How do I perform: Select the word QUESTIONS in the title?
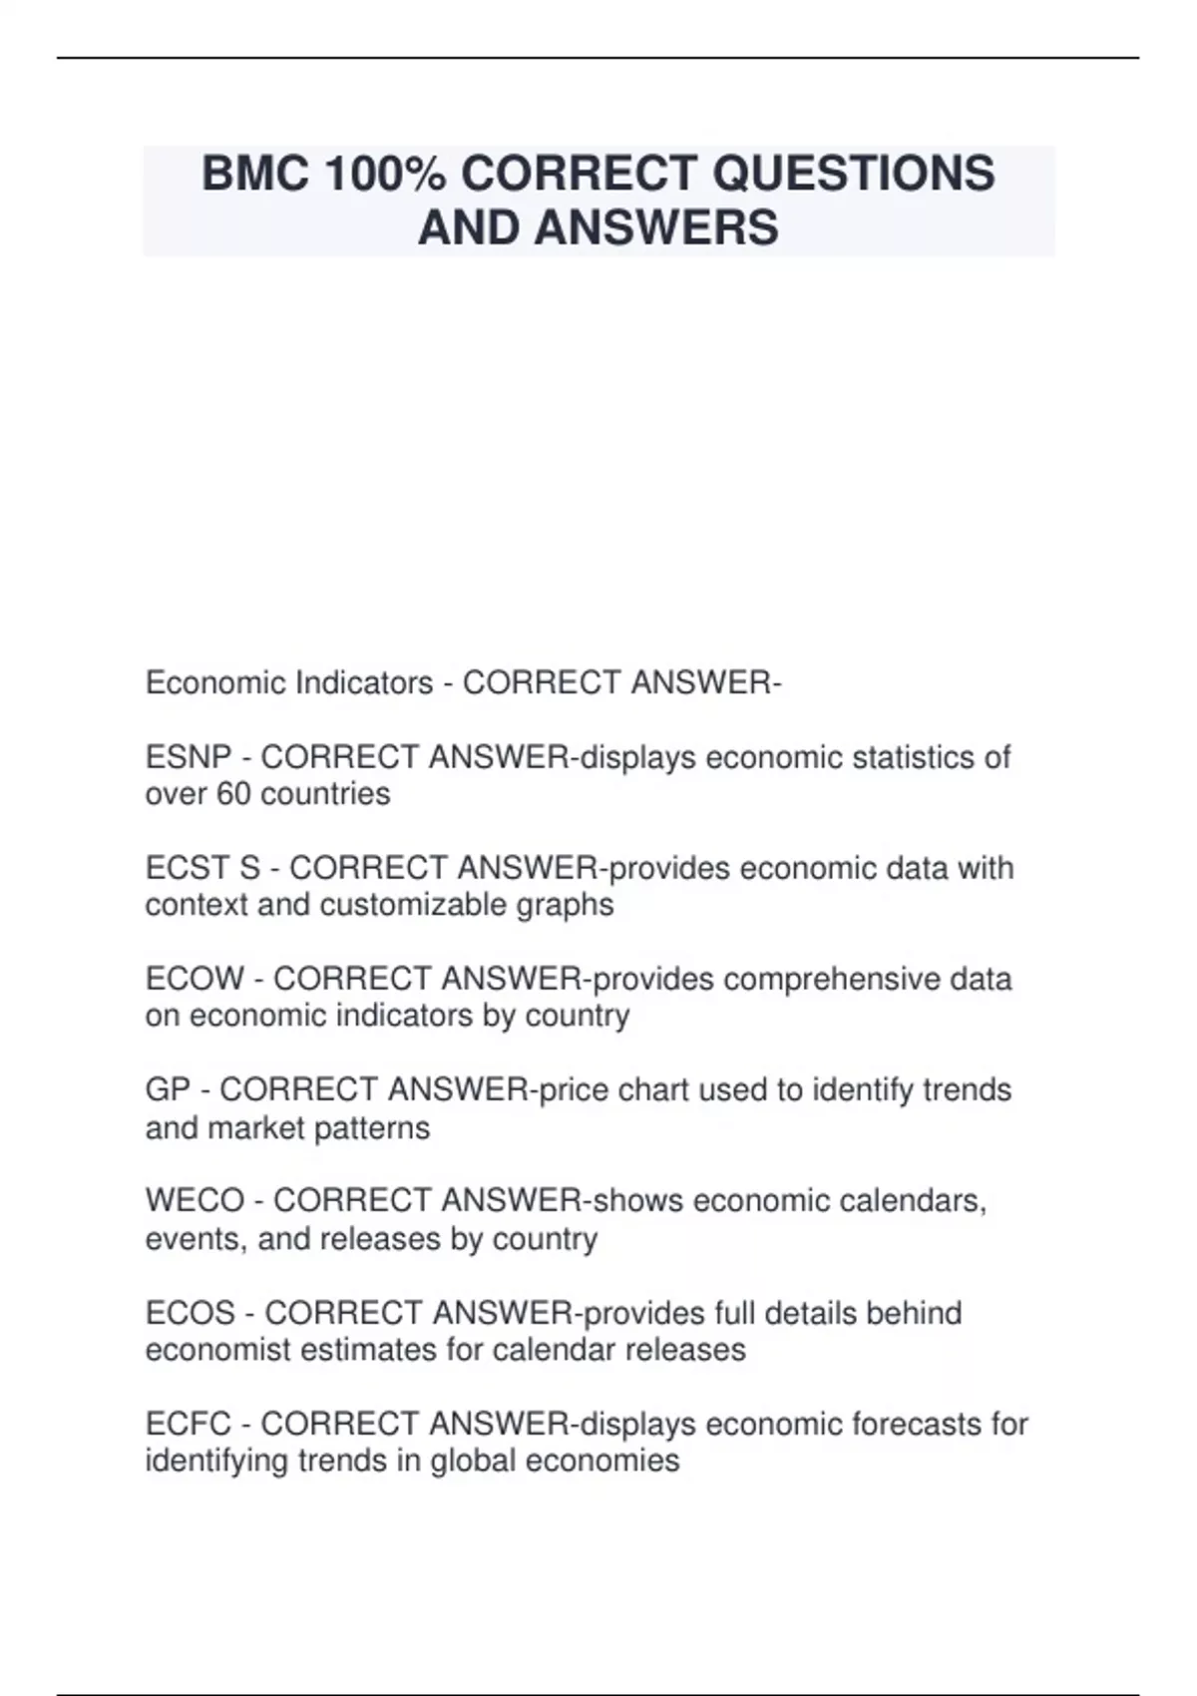[x=853, y=174]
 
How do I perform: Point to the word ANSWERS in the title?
[x=656, y=227]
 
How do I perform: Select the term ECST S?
[x=202, y=869]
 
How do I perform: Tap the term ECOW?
[x=195, y=980]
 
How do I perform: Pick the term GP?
[x=168, y=1089]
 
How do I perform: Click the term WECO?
[x=195, y=1200]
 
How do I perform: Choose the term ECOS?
[x=191, y=1313]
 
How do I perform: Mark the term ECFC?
[x=189, y=1424]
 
